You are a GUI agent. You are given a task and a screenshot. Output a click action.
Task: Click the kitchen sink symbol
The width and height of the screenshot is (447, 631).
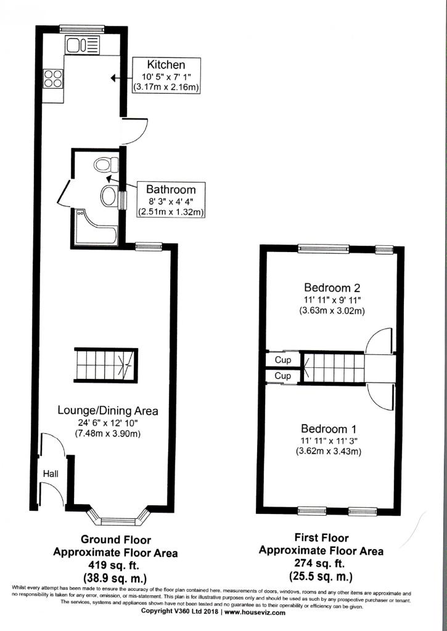pyautogui.click(x=83, y=44)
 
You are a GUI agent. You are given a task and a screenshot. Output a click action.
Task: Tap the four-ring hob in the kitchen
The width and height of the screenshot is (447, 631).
pyautogui.click(x=53, y=78)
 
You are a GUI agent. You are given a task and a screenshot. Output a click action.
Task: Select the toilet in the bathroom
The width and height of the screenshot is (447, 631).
pyautogui.click(x=106, y=165)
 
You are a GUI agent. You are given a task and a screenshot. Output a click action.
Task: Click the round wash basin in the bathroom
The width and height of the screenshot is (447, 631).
pyautogui.click(x=109, y=196)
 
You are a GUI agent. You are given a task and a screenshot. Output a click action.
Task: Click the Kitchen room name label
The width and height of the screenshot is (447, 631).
pyautogui.click(x=166, y=64)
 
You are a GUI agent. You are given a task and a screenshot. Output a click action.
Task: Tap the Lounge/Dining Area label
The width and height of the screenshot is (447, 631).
pyautogui.click(x=107, y=411)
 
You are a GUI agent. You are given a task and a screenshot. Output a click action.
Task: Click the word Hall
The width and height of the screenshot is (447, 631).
pyautogui.click(x=51, y=474)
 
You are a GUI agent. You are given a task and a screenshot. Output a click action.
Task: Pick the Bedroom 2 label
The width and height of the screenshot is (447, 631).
pyautogui.click(x=332, y=288)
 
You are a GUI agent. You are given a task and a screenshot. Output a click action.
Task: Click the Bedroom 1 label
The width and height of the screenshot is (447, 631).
pyautogui.click(x=329, y=429)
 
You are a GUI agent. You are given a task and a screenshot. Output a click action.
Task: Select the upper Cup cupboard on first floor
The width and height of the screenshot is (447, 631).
pyautogui.click(x=283, y=359)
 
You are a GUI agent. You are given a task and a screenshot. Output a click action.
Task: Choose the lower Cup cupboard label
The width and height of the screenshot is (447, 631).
pyautogui.click(x=283, y=376)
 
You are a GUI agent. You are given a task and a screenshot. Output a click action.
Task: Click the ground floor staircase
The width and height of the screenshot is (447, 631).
pyautogui.click(x=106, y=365)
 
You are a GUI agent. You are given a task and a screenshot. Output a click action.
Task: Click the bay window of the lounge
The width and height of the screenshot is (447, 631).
pyautogui.click(x=119, y=516)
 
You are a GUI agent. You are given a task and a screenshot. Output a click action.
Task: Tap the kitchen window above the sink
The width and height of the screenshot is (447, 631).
pyautogui.click(x=82, y=29)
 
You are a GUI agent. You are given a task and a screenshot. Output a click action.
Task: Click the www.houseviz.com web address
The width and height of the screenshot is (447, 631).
pyautogui.click(x=255, y=612)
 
